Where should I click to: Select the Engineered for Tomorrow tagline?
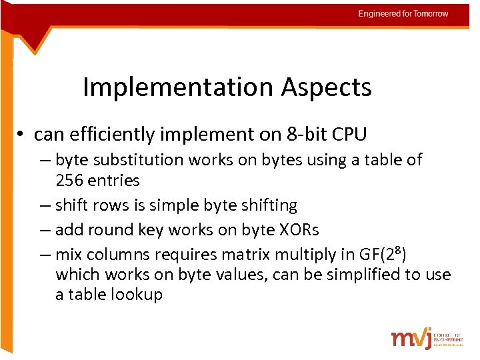(403, 13)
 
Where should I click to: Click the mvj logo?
(411, 338)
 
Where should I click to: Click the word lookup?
(134, 295)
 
